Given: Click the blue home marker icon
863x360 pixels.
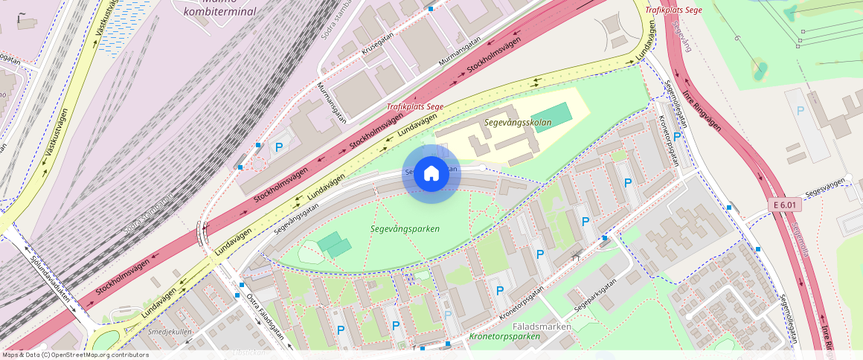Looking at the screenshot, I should pyautogui.click(x=431, y=174).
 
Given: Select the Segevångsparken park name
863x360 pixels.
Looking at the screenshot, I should pyautogui.click(x=405, y=229).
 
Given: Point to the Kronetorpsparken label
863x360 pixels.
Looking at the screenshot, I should pyautogui.click(x=504, y=337).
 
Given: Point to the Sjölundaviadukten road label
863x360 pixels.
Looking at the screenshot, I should pyautogui.click(x=51, y=278).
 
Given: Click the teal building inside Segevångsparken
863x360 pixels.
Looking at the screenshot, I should pyautogui.click(x=334, y=245).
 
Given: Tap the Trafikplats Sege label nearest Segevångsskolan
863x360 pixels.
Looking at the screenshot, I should pyautogui.click(x=414, y=106).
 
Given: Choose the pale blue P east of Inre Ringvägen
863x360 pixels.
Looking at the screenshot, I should pyautogui.click(x=801, y=111).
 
